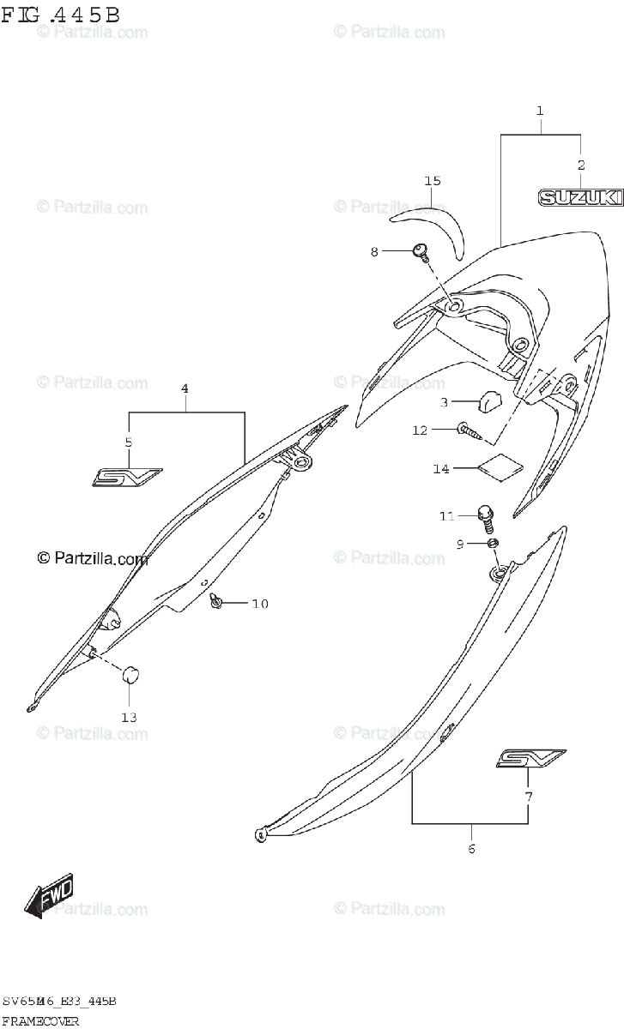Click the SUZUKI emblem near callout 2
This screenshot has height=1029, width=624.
[579, 198]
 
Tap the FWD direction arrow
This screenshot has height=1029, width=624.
[50, 895]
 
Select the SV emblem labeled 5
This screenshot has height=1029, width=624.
[127, 476]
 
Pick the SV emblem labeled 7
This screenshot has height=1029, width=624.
[530, 758]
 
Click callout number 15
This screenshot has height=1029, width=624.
[432, 181]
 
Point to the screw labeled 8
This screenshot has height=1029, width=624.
[421, 250]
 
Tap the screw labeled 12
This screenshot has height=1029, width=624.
[468, 430]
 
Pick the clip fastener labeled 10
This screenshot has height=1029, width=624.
[218, 604]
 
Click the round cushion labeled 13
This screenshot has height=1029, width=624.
[130, 675]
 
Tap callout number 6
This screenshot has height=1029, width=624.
[471, 849]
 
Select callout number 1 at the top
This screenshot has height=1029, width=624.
[540, 111]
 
